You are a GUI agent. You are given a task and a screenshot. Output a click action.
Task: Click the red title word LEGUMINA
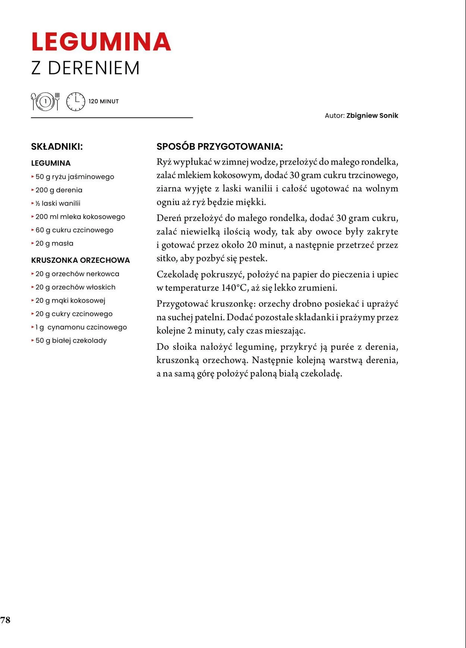point(101,42)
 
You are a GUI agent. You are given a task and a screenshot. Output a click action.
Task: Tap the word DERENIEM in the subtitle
point(94,68)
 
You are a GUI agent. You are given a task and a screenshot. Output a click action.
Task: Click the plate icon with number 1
point(45,101)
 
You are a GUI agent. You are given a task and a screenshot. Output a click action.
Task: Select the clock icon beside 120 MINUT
point(76,101)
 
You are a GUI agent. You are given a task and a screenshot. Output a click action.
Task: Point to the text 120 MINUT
point(104,101)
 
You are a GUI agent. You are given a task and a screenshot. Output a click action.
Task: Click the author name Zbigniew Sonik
point(372,115)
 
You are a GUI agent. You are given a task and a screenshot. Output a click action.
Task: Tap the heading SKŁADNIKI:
point(57,147)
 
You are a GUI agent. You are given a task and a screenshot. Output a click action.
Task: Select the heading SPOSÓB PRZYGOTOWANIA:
point(220,146)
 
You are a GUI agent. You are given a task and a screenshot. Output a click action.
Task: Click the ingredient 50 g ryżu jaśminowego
point(75,177)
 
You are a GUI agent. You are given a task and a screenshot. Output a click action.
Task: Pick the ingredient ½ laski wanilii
point(58,203)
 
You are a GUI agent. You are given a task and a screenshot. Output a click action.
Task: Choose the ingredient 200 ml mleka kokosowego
point(80,217)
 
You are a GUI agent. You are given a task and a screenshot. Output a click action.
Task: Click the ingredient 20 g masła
point(54,244)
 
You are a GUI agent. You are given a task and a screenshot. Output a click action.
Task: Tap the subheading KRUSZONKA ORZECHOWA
point(81,260)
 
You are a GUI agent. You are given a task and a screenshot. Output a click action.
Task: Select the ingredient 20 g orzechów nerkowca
point(77,274)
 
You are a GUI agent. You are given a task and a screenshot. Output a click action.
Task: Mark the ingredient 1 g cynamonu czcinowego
point(81,327)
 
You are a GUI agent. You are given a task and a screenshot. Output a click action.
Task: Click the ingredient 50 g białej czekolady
point(71,341)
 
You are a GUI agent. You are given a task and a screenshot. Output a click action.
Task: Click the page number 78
point(5,620)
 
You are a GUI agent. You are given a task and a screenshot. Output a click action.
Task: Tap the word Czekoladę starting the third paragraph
point(177,275)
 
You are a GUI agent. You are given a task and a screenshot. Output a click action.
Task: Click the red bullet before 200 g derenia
point(33,190)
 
